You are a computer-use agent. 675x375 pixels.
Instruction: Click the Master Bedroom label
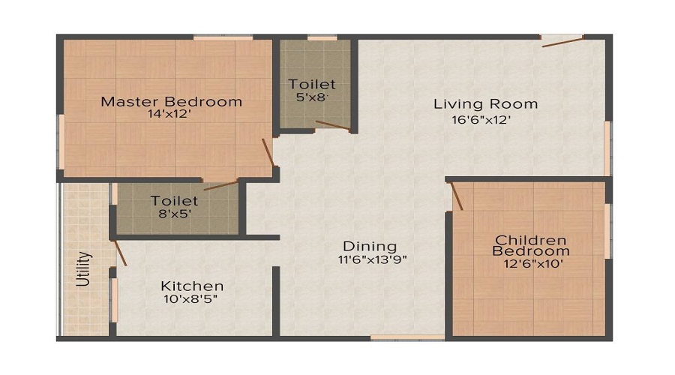[172, 101]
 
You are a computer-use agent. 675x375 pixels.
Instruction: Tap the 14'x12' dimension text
[172, 115]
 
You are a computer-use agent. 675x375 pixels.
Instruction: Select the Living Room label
[486, 103]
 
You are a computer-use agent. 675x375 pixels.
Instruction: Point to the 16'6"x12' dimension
[486, 118]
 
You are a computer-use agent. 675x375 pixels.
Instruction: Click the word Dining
[370, 246]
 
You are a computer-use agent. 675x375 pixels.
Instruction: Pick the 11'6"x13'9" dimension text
[372, 259]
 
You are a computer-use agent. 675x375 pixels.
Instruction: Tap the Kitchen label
[193, 286]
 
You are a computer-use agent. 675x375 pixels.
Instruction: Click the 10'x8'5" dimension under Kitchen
[193, 299]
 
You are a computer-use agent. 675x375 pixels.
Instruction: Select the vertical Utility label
[85, 269]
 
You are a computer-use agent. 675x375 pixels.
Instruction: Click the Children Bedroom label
[530, 245]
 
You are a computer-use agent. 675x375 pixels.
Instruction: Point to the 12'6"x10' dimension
[530, 263]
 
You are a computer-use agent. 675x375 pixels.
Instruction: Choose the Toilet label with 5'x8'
[312, 84]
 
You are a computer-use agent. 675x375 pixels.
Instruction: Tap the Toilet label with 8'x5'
[175, 201]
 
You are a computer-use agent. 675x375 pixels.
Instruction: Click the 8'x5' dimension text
[175, 214]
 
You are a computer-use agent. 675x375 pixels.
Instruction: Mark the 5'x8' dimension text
[313, 97]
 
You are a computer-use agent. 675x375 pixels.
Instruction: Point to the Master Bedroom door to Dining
[268, 153]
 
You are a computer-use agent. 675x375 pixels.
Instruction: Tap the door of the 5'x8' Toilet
[332, 125]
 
